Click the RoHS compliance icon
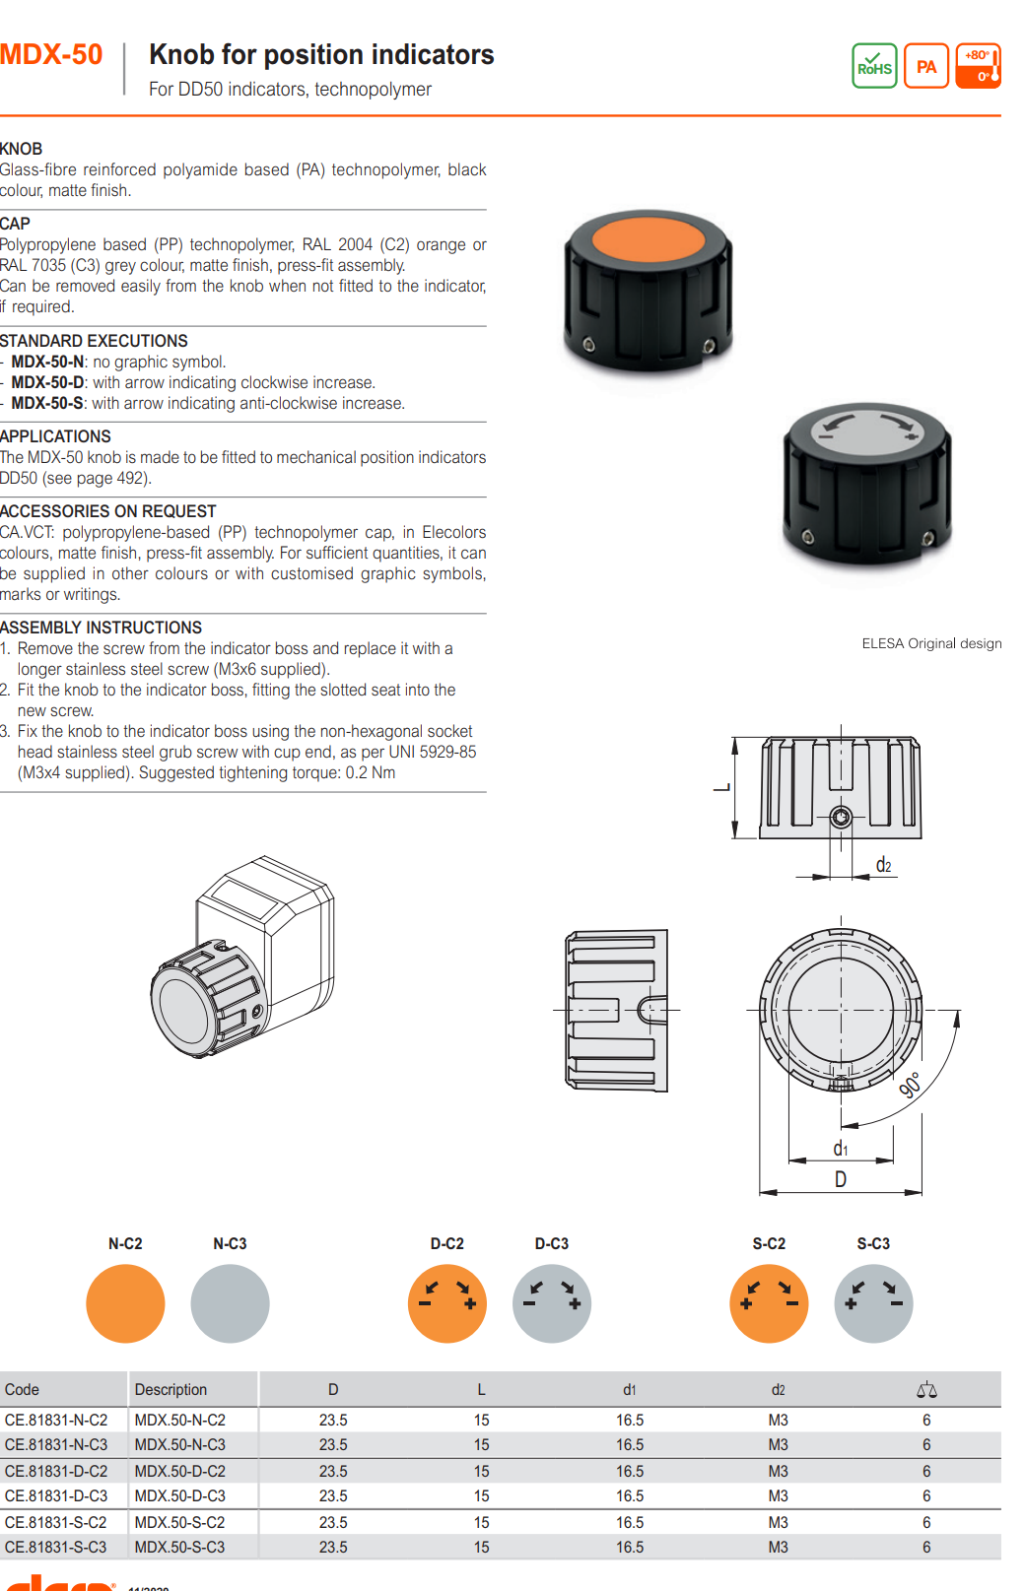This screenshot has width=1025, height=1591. click(x=874, y=66)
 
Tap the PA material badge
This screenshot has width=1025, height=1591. click(x=926, y=66)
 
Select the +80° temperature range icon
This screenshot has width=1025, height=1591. click(x=979, y=66)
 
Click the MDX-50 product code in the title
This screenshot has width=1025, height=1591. click(x=51, y=55)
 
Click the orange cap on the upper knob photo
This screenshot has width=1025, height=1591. click(x=649, y=239)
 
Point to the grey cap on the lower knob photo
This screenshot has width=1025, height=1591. click(x=867, y=431)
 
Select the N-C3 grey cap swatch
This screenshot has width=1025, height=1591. click(x=230, y=1303)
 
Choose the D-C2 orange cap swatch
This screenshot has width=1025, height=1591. click(x=447, y=1303)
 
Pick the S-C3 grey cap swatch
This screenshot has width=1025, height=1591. click(x=873, y=1303)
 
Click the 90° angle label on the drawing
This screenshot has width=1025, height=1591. click(x=911, y=1085)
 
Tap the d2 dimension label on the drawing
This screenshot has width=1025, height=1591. click(x=883, y=866)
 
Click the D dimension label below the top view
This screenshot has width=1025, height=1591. click(x=841, y=1179)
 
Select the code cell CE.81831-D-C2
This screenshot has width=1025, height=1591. click(x=56, y=1471)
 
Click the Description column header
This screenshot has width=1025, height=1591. click(x=171, y=1390)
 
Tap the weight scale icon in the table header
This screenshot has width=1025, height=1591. click(x=926, y=1390)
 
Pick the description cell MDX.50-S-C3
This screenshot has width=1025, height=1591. click(x=179, y=1547)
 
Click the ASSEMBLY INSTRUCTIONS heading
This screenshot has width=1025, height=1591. click(x=101, y=628)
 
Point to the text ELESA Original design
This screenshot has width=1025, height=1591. click(x=931, y=643)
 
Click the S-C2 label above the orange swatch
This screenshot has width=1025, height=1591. click(x=769, y=1243)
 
